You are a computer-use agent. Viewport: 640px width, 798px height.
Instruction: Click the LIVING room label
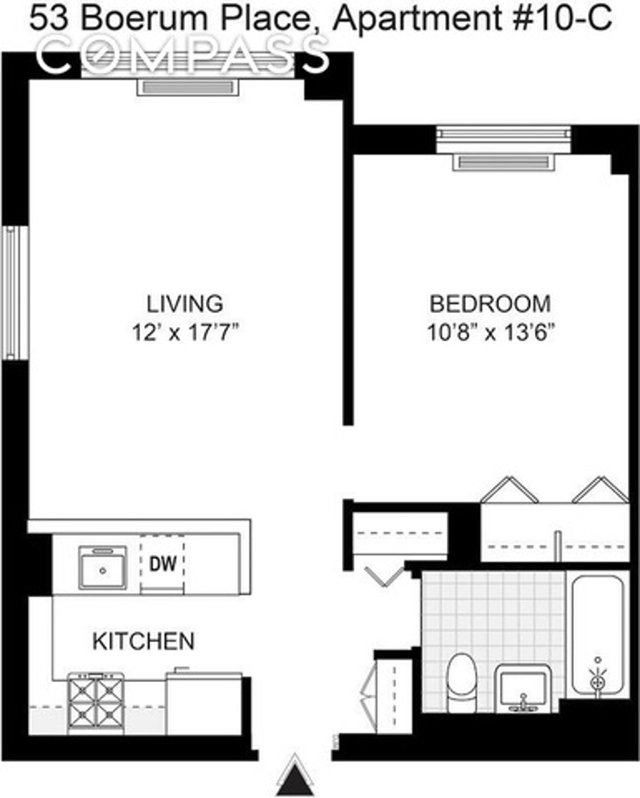185,304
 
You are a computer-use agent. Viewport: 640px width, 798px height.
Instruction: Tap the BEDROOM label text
490,304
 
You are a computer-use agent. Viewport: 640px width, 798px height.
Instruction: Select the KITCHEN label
143,641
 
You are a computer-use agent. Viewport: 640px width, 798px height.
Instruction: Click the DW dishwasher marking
163,564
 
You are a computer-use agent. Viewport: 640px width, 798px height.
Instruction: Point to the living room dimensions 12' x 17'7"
185,333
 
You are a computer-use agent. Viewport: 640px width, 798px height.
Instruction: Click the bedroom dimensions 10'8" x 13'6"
490,333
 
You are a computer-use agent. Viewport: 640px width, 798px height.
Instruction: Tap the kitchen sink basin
102,568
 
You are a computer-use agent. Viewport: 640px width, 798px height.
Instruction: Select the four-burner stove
96,703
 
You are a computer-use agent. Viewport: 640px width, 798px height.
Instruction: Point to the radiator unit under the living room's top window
187,87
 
